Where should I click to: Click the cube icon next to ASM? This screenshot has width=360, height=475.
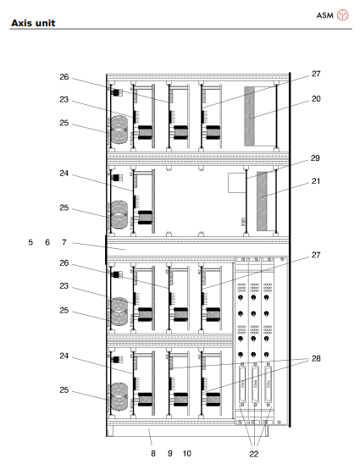point(344,15)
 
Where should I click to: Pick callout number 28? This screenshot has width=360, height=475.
point(315,360)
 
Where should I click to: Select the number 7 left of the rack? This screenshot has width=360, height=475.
point(64,242)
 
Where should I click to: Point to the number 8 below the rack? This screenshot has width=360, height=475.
point(152,453)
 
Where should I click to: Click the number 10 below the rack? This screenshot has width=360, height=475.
point(186,453)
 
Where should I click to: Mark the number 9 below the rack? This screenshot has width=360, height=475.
point(169,453)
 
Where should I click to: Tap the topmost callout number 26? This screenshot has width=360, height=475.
point(64,76)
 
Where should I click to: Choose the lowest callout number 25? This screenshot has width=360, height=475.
point(64,393)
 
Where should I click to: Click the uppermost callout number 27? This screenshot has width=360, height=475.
point(315,75)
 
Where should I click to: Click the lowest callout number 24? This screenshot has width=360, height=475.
point(64,357)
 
